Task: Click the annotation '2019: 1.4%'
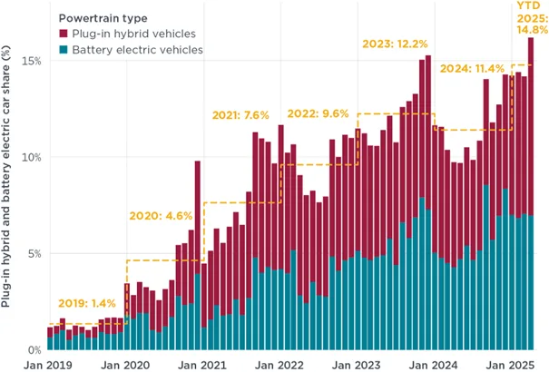click(86, 303)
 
